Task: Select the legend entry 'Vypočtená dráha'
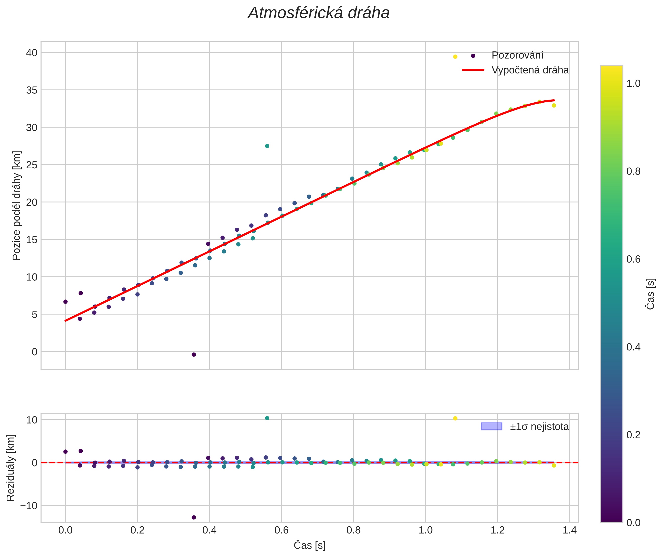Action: tap(530, 70)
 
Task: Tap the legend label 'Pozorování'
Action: tap(517, 55)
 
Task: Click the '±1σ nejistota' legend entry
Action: tap(539, 427)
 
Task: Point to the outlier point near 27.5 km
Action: tap(267, 146)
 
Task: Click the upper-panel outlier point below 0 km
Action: tap(194, 355)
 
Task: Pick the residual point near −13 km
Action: tap(194, 517)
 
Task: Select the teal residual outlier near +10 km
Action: tap(267, 418)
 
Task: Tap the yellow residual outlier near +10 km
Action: tap(455, 418)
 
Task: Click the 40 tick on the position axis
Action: tap(32, 53)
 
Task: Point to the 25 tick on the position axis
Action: tap(32, 165)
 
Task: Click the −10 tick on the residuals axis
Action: tap(29, 506)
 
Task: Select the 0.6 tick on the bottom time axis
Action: tap(281, 530)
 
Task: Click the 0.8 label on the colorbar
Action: tap(633, 172)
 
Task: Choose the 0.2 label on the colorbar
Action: tap(633, 435)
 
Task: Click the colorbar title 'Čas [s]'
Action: tap(651, 294)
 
